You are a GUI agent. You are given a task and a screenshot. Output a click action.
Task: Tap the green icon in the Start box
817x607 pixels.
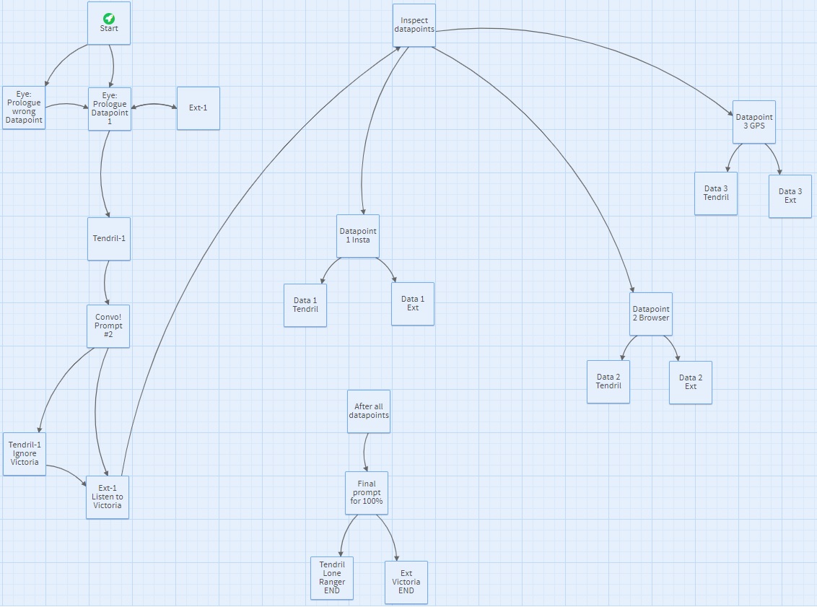click(x=109, y=18)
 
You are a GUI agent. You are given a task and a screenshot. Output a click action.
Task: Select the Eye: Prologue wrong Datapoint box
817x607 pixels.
click(x=24, y=108)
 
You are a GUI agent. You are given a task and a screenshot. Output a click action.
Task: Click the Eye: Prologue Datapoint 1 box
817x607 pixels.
click(x=110, y=109)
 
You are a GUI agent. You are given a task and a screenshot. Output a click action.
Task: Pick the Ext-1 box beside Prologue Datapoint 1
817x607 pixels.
click(x=198, y=108)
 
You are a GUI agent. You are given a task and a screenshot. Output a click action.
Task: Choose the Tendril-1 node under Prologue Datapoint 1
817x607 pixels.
click(x=109, y=239)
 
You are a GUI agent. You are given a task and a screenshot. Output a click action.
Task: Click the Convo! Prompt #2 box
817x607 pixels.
click(x=108, y=326)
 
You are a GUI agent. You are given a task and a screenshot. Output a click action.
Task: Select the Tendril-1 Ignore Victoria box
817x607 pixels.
click(x=25, y=454)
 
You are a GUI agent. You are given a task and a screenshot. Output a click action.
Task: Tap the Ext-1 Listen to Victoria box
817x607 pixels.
click(x=108, y=497)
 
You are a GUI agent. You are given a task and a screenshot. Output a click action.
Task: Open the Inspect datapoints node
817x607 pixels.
click(x=414, y=25)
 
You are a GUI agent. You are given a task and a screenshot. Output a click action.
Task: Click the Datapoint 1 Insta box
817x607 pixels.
click(x=358, y=236)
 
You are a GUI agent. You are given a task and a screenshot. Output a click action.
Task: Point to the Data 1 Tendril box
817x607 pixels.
click(x=305, y=305)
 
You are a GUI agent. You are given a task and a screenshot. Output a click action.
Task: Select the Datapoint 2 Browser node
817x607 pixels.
click(x=651, y=314)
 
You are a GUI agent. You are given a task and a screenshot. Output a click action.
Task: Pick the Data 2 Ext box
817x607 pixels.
click(x=691, y=383)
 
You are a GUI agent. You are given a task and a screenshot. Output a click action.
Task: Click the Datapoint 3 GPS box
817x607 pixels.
click(x=754, y=122)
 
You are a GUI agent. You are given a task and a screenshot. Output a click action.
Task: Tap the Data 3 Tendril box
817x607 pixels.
click(x=716, y=193)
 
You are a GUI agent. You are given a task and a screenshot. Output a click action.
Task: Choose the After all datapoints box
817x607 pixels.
click(x=369, y=411)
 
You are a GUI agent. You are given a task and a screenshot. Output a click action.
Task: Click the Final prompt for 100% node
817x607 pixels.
click(x=367, y=493)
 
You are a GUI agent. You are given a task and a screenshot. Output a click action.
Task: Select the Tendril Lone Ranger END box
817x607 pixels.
click(x=332, y=578)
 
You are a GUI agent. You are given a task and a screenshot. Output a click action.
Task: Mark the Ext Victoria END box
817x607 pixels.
click(x=406, y=582)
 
